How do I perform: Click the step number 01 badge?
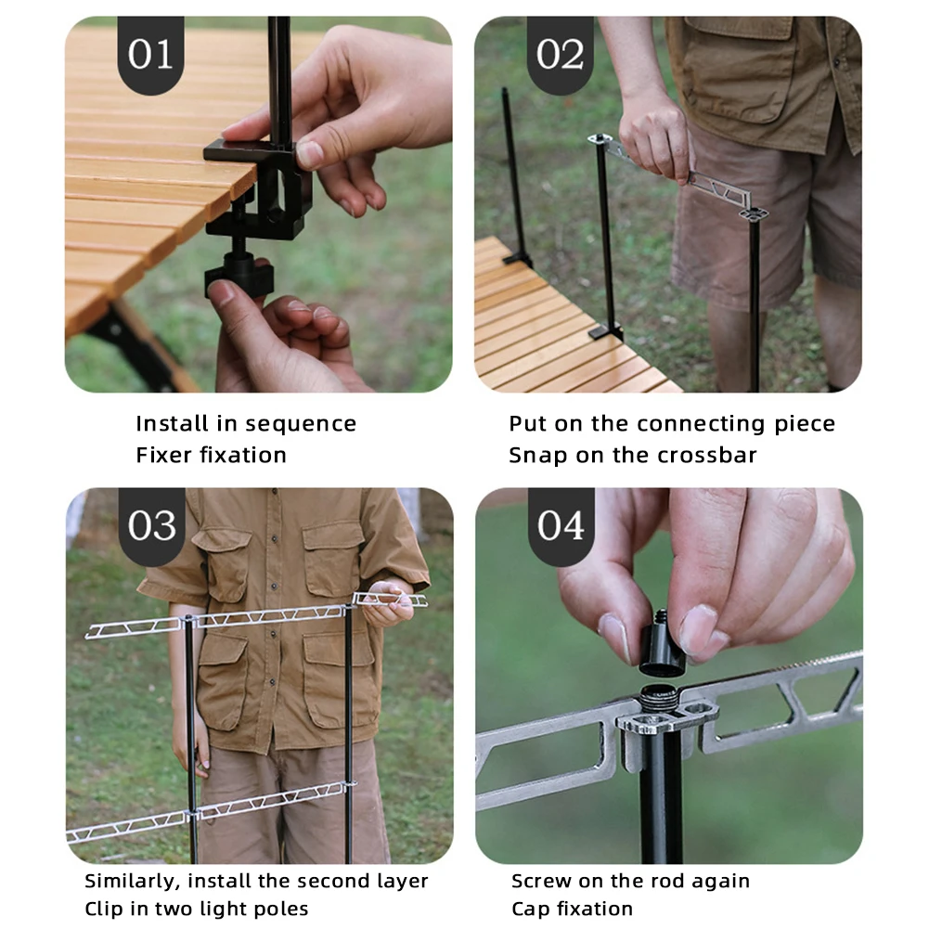[150, 55]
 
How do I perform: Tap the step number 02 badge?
[560, 55]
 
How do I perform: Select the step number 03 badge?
[151, 526]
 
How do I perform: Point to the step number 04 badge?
[561, 526]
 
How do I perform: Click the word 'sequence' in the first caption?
[301, 424]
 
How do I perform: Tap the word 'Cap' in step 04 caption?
[527, 910]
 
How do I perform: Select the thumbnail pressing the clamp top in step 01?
[310, 154]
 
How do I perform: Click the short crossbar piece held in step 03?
[389, 600]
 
